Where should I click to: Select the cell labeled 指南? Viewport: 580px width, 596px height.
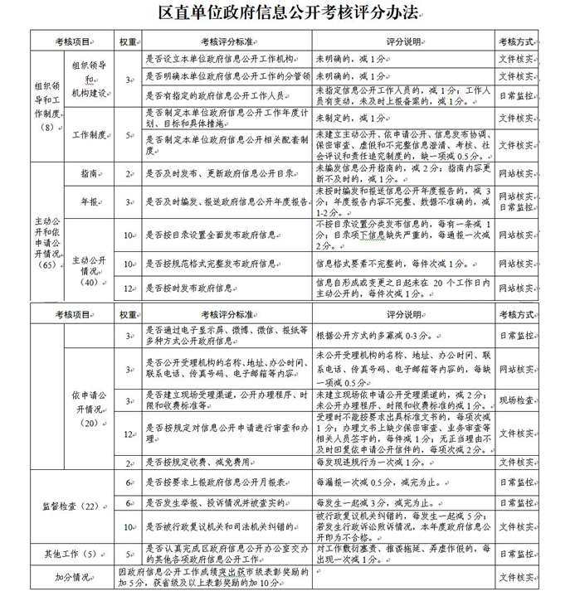click(89, 174)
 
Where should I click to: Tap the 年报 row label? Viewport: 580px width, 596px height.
click(89, 201)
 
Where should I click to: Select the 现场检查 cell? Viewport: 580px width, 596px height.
click(515, 400)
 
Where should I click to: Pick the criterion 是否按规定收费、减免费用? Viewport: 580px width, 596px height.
click(196, 462)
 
